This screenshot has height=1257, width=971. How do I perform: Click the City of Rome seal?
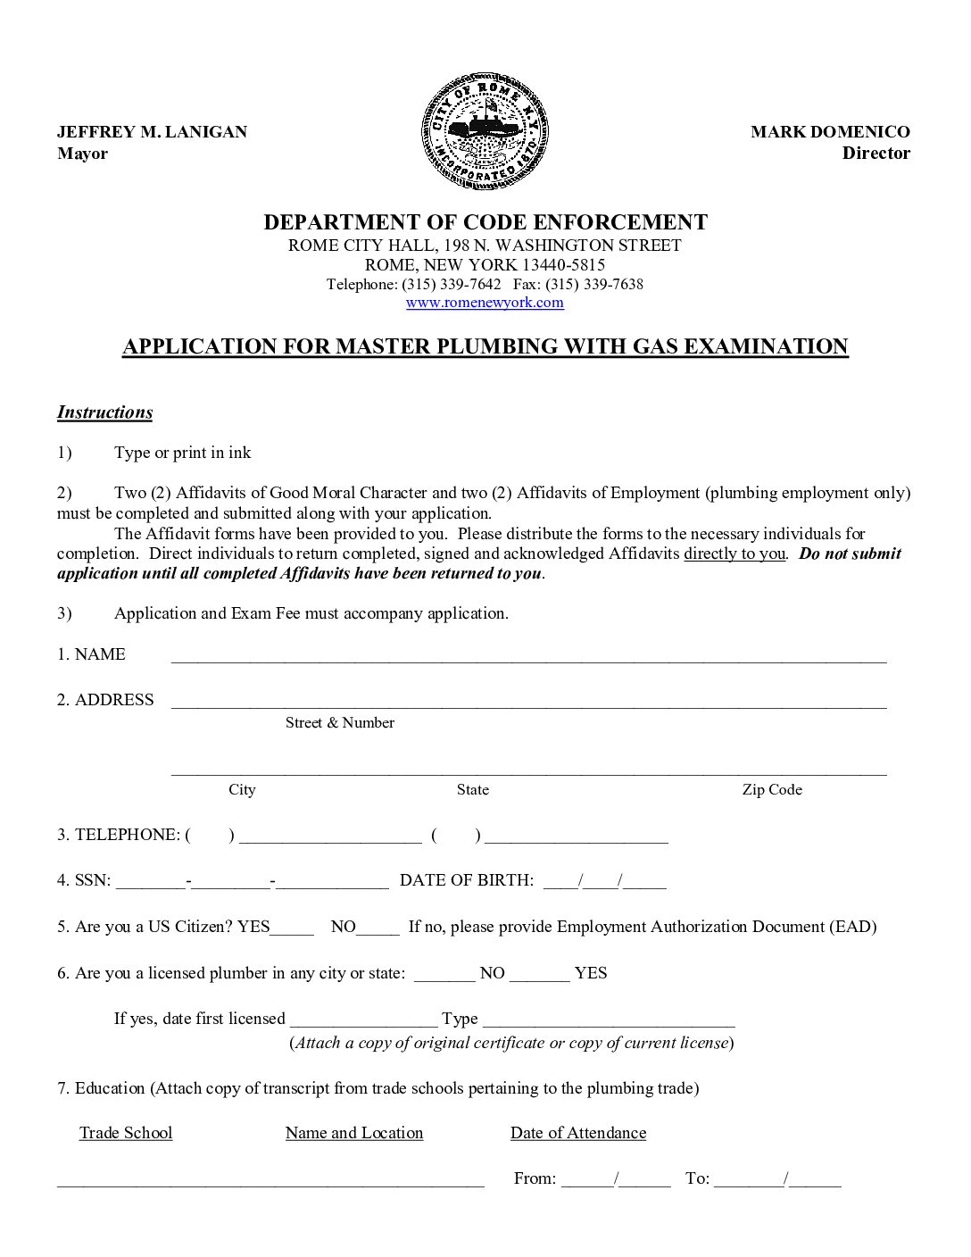point(485,132)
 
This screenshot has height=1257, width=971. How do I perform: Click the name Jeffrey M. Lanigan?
point(152,132)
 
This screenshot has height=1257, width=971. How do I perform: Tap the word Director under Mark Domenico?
point(876,153)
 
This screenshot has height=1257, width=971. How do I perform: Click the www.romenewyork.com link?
point(485,303)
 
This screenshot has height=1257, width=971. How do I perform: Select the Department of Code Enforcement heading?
point(485,222)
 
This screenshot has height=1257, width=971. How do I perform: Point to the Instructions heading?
point(104,412)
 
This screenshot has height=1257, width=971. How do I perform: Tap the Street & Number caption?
point(339,723)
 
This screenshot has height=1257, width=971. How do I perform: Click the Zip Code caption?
point(772,790)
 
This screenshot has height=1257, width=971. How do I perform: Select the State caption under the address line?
point(472,790)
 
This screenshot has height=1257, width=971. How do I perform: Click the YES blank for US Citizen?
point(292,930)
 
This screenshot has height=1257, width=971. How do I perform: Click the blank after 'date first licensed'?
point(363,1023)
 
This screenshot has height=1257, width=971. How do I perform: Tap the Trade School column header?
point(126,1133)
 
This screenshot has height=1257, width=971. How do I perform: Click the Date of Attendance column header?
point(577,1133)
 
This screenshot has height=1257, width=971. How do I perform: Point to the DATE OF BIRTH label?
point(467,880)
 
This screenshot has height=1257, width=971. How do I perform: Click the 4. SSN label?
point(84,880)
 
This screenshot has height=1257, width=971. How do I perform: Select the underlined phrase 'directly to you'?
point(734,554)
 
